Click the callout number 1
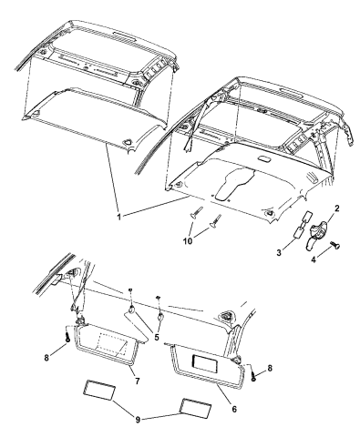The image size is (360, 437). tap(119, 217)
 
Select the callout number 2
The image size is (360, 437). tap(336, 208)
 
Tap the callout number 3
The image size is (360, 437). tap(279, 252)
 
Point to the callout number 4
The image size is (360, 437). tap(314, 259)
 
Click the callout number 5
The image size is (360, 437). tap(157, 337)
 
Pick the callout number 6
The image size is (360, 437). tap(233, 409)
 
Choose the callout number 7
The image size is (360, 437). tap(138, 381)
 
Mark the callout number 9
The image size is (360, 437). tap(138, 420)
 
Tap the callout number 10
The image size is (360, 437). tap(188, 241)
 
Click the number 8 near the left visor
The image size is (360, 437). tap(46, 358)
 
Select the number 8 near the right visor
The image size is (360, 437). tap(270, 368)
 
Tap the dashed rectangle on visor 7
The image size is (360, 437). tap(112, 345)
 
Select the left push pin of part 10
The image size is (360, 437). tap(196, 212)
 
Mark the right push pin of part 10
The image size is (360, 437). tap(215, 220)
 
